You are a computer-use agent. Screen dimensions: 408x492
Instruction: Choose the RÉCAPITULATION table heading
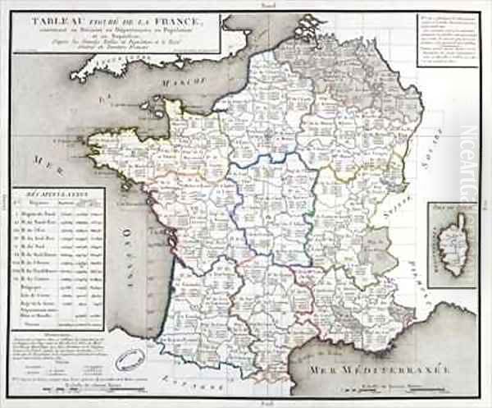point(61,195)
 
